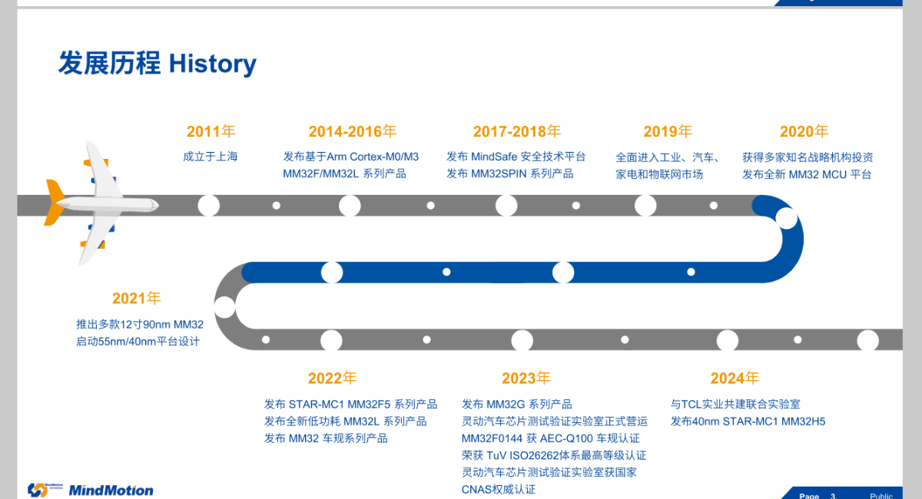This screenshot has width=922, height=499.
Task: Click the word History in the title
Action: pos(212,64)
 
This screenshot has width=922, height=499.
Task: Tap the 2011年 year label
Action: pos(211,131)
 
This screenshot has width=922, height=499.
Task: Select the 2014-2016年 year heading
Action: pos(353,131)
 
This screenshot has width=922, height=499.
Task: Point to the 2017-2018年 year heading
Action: pos(517,131)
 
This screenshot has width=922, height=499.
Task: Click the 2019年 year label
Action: pos(668,131)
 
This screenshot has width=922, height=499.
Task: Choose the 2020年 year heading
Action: pos(804,131)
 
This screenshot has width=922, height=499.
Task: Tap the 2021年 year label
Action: pos(136,298)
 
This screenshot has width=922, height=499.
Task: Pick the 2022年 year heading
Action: pos(332,378)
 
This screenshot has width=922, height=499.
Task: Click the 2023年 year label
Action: pos(526,378)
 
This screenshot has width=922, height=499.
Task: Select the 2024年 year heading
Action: pos(735,378)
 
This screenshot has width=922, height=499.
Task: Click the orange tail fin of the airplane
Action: pos(55,203)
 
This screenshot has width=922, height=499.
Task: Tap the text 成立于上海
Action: pos(211,157)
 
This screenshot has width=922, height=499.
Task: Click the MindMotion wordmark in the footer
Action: pos(111,491)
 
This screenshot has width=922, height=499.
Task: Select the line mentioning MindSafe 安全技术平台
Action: pos(516,157)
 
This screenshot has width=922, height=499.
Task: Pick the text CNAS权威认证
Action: pos(499,490)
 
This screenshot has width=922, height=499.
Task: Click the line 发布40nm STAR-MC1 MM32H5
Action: pos(748,421)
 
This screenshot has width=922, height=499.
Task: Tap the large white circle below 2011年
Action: pos(209,205)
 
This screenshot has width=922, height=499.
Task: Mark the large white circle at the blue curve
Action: pos(787,219)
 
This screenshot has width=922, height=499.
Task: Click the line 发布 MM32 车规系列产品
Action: pos(326,438)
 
